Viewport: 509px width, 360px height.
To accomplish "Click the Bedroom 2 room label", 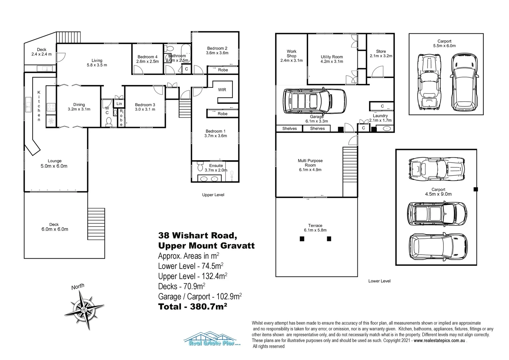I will [217, 50].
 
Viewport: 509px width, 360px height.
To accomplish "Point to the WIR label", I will [222, 90].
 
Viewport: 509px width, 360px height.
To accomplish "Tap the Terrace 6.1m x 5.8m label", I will [315, 228].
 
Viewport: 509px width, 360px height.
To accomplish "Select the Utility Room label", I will [331, 59].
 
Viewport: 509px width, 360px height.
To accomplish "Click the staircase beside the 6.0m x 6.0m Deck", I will [96, 224].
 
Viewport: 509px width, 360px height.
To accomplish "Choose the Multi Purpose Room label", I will [310, 165].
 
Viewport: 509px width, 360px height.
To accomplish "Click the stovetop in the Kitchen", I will [52, 107].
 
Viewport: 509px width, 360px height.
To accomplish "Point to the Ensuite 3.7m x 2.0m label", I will [216, 168].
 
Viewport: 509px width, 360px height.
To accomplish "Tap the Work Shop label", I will [291, 56].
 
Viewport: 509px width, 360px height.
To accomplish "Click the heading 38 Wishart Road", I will [198, 235].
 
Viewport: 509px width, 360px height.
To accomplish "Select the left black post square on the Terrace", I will [302, 239].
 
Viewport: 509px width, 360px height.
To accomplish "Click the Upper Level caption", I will [213, 195].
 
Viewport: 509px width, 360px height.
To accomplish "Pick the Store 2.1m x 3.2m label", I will [381, 54].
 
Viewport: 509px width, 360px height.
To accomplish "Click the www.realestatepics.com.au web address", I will [439, 341].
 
